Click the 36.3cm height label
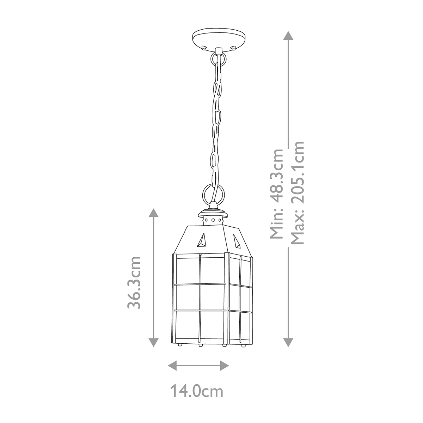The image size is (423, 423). (x=135, y=282)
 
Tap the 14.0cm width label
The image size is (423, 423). (x=197, y=391)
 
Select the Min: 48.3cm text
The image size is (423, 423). (x=276, y=194)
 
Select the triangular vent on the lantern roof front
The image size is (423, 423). (x=202, y=241)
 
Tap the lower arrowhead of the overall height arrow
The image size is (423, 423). (x=289, y=342)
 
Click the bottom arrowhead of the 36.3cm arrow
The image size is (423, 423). (x=153, y=342)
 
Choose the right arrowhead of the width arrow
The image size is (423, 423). (x=225, y=365)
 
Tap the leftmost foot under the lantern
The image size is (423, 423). (x=180, y=345)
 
